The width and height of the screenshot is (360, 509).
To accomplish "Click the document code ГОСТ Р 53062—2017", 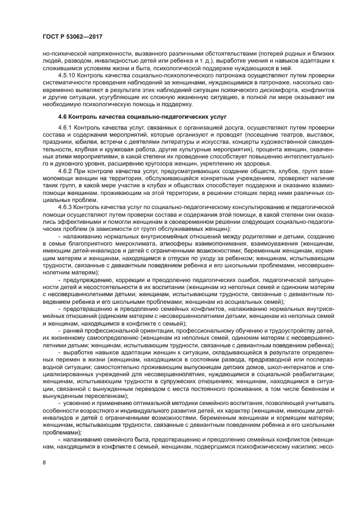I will (72, 36).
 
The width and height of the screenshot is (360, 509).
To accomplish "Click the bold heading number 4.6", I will (63, 117).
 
